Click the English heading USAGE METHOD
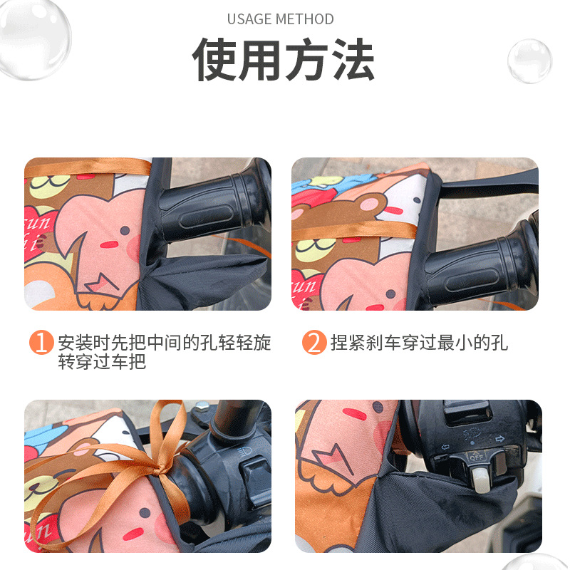pos(280,19)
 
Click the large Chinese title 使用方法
pos(284,60)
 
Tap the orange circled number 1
pos(41,343)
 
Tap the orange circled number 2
pos(313,343)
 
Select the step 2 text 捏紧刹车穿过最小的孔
pos(419,343)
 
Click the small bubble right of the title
pos(529,61)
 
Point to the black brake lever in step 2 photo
pos(492,187)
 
